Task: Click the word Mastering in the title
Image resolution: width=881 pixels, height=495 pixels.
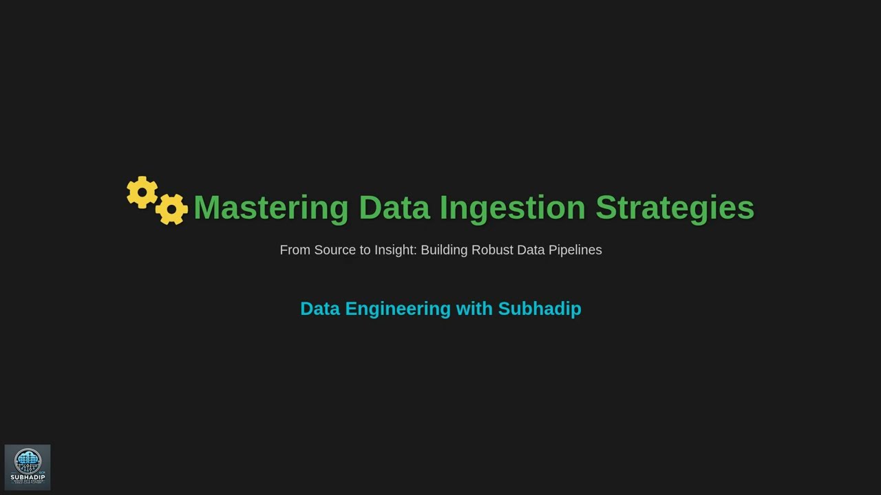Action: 271,208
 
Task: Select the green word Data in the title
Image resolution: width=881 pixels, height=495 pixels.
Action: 394,208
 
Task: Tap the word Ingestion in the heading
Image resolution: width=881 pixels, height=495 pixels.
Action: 512,208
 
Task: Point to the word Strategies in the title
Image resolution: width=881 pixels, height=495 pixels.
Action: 675,208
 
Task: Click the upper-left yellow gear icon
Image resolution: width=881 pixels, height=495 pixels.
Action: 142,192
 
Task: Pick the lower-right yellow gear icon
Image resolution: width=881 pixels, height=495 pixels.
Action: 171,208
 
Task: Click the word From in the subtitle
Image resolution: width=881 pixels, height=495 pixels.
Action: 295,250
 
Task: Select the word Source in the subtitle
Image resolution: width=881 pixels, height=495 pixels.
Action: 335,250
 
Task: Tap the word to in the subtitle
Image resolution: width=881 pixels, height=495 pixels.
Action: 365,250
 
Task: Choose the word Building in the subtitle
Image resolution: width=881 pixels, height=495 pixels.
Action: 444,250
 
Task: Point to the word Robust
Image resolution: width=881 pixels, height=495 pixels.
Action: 492,250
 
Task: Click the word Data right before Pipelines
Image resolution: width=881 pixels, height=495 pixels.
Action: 531,250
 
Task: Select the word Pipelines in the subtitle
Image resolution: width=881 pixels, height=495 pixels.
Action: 575,250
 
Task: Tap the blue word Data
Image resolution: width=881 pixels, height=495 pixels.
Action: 320,309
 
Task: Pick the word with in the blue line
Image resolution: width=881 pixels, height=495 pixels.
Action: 474,309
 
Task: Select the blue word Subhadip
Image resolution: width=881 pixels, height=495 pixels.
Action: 540,309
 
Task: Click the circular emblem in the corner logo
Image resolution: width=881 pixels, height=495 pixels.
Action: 28,461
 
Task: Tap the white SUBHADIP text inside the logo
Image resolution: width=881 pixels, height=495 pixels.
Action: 28,477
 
